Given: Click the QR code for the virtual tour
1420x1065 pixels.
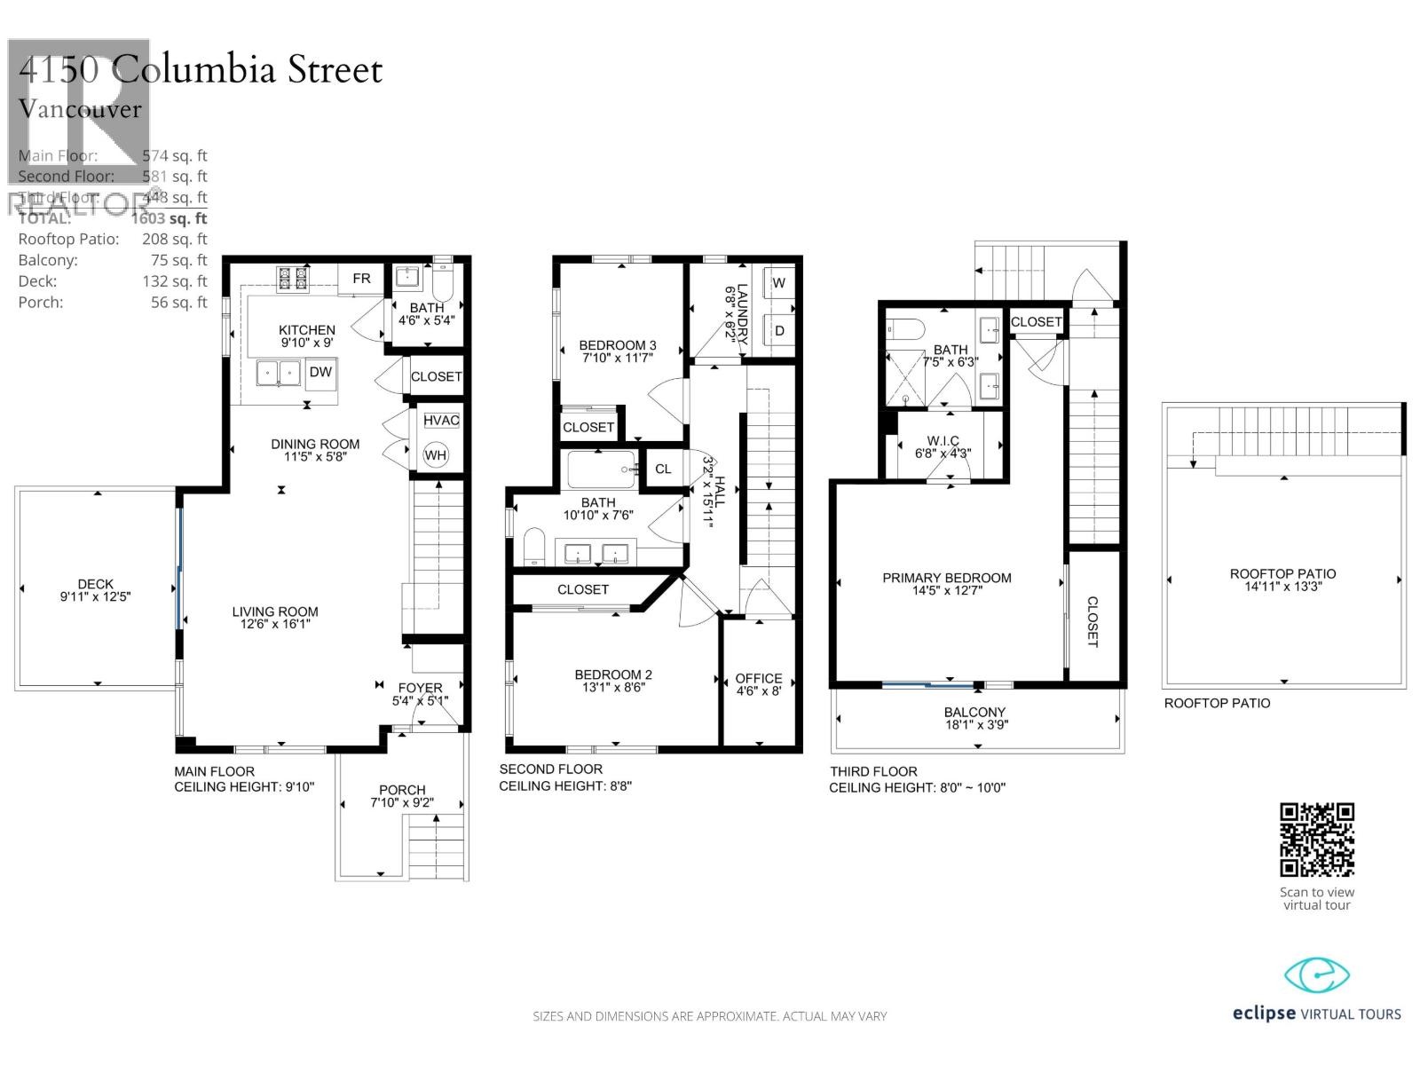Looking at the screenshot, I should click(1316, 840).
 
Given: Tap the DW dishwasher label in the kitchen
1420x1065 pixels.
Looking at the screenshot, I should click(320, 373).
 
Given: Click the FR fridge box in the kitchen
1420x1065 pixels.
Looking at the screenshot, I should click(361, 279).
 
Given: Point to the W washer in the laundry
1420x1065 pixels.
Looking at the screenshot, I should click(778, 284).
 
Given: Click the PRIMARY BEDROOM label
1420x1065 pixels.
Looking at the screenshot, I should click(946, 578).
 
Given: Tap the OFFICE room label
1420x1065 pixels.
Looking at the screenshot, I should click(759, 678).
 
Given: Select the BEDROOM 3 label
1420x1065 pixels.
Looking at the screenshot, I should click(618, 345).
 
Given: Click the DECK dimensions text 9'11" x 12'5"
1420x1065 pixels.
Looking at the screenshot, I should click(95, 597).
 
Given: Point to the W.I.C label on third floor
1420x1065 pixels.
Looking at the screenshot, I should click(943, 441).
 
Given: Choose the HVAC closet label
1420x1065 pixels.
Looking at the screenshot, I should click(441, 420).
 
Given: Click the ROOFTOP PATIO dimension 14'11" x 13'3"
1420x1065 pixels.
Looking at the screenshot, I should click(1282, 587).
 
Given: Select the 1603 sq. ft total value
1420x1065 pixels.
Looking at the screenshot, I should click(169, 218).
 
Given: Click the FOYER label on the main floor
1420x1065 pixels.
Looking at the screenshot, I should click(420, 688).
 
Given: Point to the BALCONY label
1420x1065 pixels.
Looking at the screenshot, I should click(974, 712).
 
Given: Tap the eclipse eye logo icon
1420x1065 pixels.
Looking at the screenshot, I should click(1317, 976).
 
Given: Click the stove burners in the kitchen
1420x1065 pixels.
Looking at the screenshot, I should click(293, 279).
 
